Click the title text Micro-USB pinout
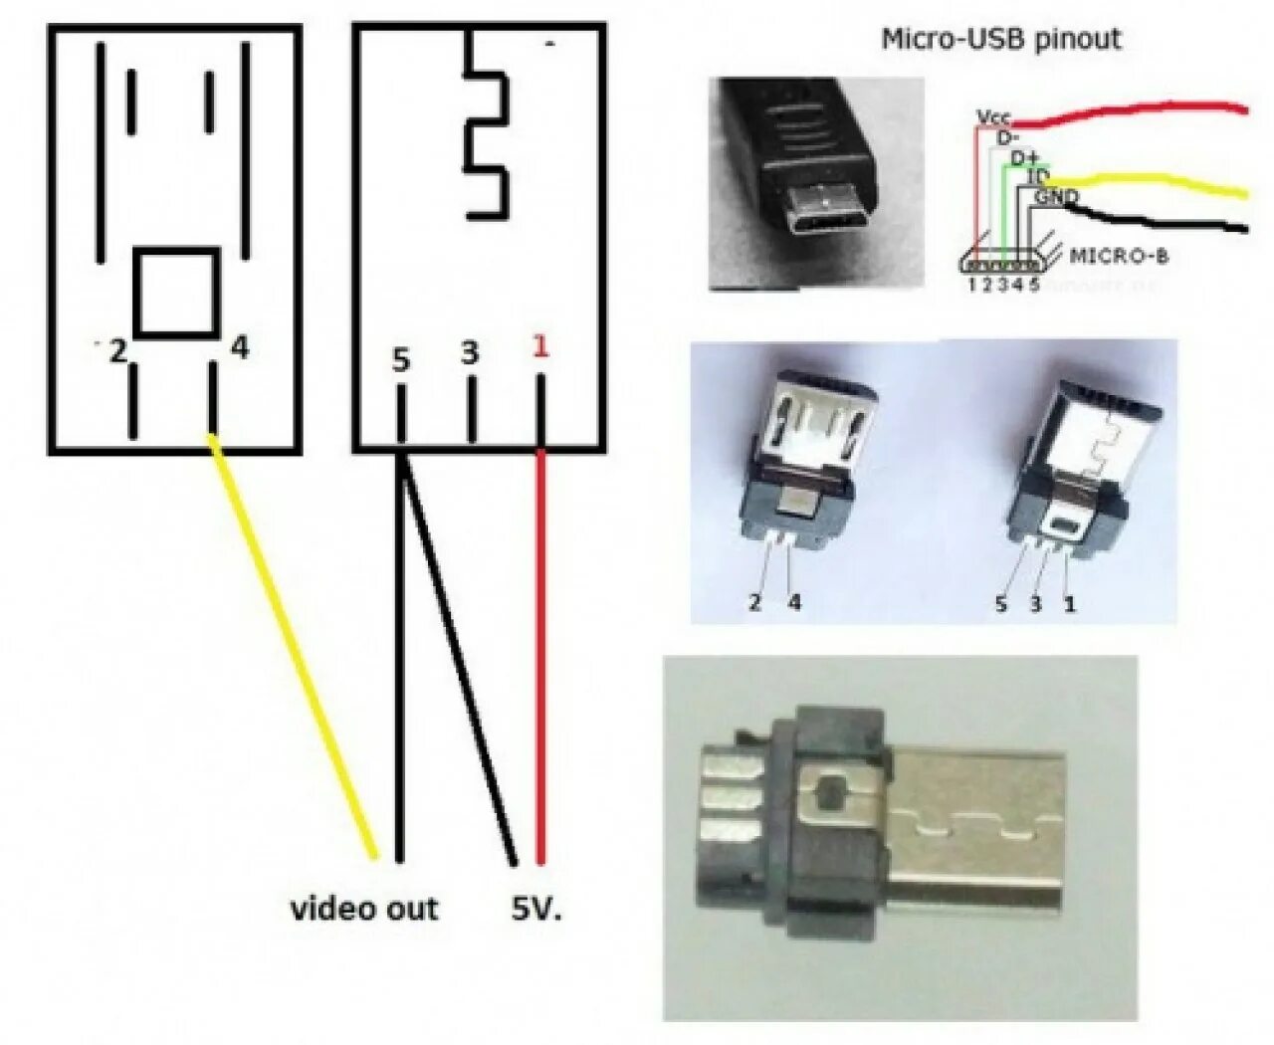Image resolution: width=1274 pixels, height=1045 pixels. coord(1000,40)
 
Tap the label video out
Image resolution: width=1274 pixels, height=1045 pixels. coord(364,908)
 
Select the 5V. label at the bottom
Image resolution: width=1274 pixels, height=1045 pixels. coord(536,908)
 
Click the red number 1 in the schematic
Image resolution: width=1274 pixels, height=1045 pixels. coord(540,346)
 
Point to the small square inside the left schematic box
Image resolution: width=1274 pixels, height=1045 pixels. coord(176,292)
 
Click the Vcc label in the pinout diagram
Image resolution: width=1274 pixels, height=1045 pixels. coord(993,117)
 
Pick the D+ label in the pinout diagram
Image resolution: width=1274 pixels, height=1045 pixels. coord(1024,158)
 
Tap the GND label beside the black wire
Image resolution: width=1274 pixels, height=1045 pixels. coord(1056,197)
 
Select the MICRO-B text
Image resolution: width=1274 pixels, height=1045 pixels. coord(1118,256)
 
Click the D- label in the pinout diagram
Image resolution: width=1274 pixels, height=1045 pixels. coord(1008,137)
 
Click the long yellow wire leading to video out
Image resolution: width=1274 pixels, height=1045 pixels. coord(294,647)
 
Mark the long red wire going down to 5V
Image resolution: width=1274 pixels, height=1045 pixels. coord(540,657)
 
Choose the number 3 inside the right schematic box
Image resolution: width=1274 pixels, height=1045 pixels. coord(470,352)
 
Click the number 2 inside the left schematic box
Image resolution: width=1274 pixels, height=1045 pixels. coord(117,350)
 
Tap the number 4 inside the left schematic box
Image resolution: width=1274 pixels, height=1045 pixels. coord(239,348)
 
